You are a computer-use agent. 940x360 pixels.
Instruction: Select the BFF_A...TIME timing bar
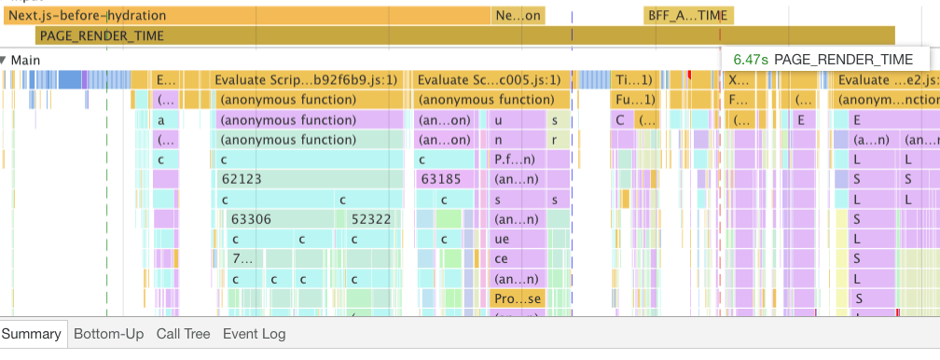[688, 16]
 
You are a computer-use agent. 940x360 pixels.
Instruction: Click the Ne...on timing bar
[518, 16]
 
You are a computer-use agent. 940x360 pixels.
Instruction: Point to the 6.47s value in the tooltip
[750, 59]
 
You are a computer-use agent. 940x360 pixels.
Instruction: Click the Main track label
[25, 60]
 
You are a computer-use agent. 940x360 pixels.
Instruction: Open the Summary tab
[32, 334]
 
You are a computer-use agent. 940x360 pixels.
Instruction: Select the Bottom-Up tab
[109, 334]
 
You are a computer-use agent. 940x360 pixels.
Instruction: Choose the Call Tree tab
[183, 334]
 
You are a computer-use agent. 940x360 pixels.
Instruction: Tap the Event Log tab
[254, 334]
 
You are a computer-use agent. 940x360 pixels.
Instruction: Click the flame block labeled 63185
[442, 179]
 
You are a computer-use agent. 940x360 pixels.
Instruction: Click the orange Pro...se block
[516, 299]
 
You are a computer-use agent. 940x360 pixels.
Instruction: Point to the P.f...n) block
[516, 159]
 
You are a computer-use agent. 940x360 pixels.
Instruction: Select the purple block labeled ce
[504, 259]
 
